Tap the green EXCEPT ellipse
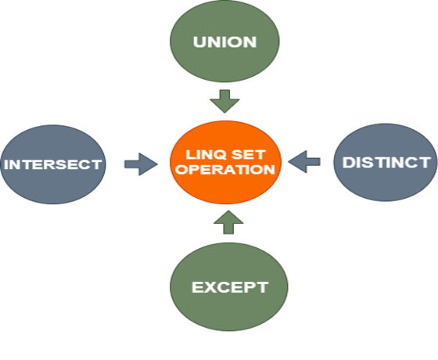pos(228,301)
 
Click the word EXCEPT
pos(229,287)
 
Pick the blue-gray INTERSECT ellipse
pos(52,178)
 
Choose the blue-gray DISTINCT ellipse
pos(386,176)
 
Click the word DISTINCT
pos(386,162)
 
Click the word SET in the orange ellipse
pos(250,153)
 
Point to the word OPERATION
pos(225,168)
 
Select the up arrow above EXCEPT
pos(228,223)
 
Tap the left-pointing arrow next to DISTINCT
pos(305,162)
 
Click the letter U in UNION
pos(199,41)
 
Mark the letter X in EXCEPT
pos(207,287)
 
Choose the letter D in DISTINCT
pos(349,162)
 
